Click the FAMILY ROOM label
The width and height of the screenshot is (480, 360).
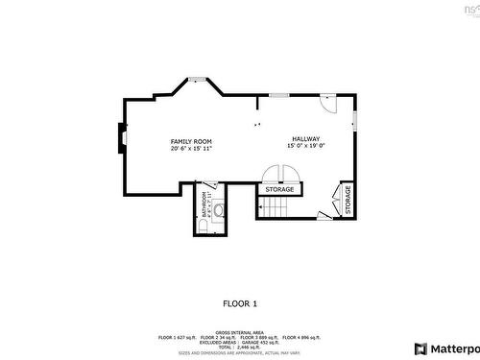(x=191, y=140)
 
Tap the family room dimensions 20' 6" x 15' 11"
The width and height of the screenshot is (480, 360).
(x=191, y=149)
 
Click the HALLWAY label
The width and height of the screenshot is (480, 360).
(x=306, y=138)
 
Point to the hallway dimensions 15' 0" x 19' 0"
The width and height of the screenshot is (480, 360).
(x=306, y=147)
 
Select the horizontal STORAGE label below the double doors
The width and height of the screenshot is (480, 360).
(x=280, y=190)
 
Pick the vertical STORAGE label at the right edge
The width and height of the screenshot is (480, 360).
(x=348, y=200)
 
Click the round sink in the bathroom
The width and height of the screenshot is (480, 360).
(x=219, y=208)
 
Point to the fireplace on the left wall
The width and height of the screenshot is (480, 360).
(x=120, y=139)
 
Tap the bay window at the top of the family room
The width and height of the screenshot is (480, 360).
(x=197, y=80)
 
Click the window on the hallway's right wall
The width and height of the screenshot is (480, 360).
(x=354, y=121)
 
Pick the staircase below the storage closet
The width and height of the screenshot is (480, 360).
(x=286, y=206)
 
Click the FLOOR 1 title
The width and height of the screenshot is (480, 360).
(x=240, y=303)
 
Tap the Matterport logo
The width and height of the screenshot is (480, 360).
(x=445, y=348)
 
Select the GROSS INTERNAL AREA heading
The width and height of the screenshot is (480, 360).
(x=240, y=331)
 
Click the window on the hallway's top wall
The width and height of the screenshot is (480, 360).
(x=278, y=95)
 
